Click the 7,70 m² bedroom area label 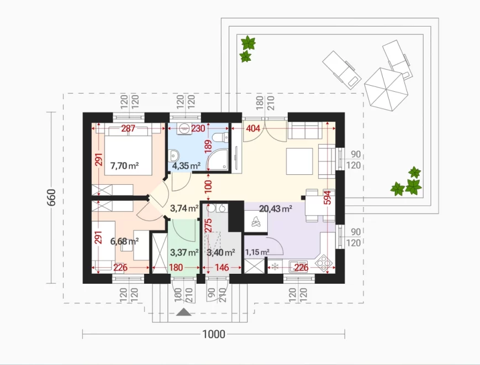(125, 166)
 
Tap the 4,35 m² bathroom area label (187, 166)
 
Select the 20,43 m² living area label (276, 208)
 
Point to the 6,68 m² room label (124, 241)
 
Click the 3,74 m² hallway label (184, 208)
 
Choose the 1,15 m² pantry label (257, 252)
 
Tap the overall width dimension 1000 (214, 334)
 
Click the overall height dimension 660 (51, 197)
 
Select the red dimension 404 (253, 128)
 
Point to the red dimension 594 (328, 199)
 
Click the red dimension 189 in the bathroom (208, 148)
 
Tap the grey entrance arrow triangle (184, 312)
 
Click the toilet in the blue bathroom (220, 137)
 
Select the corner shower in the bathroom (218, 159)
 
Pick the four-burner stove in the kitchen (324, 263)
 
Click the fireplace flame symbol (256, 221)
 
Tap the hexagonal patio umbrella (386, 89)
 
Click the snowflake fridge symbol (275, 267)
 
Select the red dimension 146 (221, 268)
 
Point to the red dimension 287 (128, 128)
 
